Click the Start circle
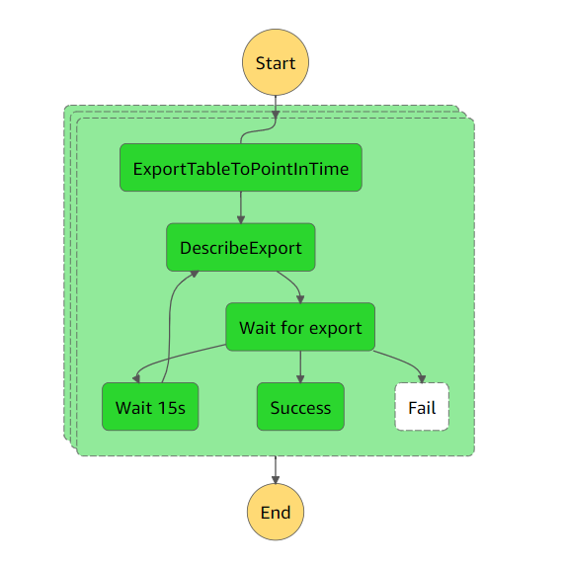[x=276, y=63]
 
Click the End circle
[x=276, y=513]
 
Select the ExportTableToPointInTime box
[x=240, y=168]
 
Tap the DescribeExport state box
[x=240, y=247]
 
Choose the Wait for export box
[x=300, y=327]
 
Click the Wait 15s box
[x=150, y=407]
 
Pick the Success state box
[x=300, y=407]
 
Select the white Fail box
[x=422, y=407]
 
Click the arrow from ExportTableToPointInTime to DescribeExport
[x=240, y=206]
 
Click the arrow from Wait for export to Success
[x=300, y=365]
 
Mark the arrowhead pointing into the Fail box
[x=423, y=378]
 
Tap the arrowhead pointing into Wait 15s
[x=135, y=378]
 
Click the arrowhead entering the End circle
[x=276, y=479]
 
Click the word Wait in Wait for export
[x=258, y=327]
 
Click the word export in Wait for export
[x=337, y=327]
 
